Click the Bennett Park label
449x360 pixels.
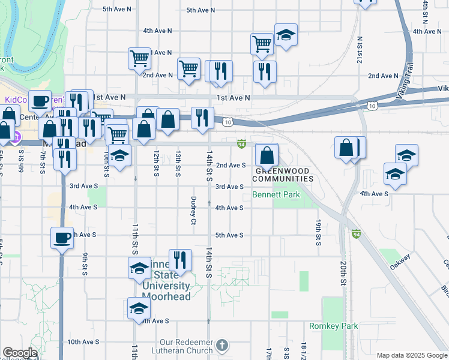tap(276, 196)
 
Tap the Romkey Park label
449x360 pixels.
tap(333, 326)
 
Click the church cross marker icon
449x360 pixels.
tap(222, 345)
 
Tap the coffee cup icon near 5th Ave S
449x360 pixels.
tap(62, 239)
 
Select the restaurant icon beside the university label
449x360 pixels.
tap(180, 260)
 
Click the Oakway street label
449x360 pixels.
tap(400, 262)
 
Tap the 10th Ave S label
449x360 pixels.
tap(83, 342)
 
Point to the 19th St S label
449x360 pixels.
tap(318, 232)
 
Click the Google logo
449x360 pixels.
tap(20, 353)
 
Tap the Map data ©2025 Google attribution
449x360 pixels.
tap(412, 355)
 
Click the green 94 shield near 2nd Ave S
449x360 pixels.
tap(241, 144)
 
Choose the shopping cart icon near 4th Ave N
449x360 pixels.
tap(262, 44)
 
